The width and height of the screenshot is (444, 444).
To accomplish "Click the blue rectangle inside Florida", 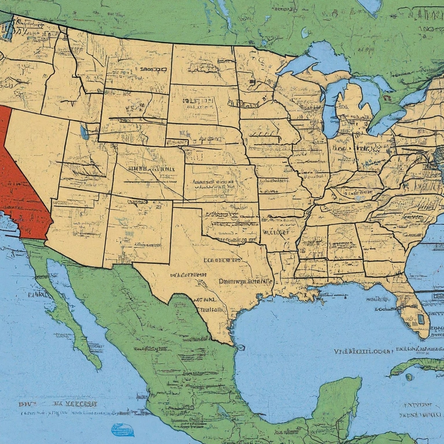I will pos(421,319).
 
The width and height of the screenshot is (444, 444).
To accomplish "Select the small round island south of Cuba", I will pos(408,377).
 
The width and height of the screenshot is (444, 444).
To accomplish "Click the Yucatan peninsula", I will pos(341,402).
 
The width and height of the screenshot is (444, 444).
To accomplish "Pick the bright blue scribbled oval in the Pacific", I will pos(123,429).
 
